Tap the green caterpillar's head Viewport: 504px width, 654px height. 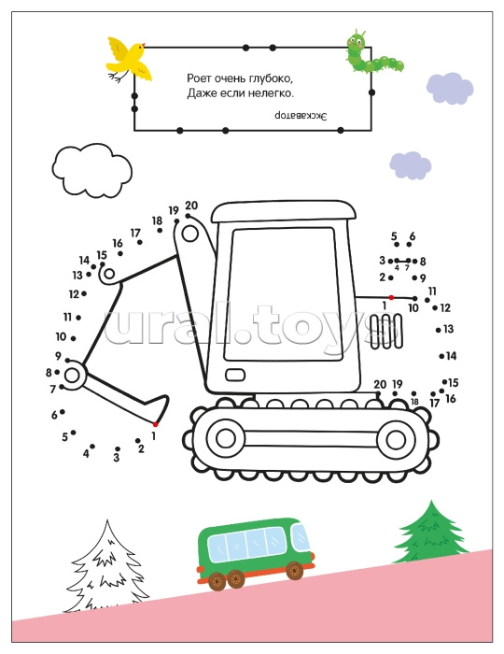[x=356, y=41]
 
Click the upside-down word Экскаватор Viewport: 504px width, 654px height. [x=301, y=116]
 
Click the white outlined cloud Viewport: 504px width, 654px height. [x=92, y=170]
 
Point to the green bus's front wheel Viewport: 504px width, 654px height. [x=295, y=571]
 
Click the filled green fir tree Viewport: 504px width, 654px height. [x=431, y=533]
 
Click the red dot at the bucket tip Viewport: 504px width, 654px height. [x=155, y=424]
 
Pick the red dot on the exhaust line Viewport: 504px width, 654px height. [x=391, y=297]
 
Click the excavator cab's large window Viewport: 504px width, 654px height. [x=283, y=294]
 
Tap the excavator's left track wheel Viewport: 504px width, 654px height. [x=225, y=438]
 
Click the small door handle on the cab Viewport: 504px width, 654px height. [x=235, y=375]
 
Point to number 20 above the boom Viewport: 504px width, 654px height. [x=191, y=206]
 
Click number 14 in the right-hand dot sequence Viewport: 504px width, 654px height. [x=451, y=356]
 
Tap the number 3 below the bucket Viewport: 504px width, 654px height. [x=117, y=458]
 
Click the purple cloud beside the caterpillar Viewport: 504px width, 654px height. [x=450, y=88]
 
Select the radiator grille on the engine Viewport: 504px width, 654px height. [x=386, y=332]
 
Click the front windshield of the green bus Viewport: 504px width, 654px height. [x=301, y=536]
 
